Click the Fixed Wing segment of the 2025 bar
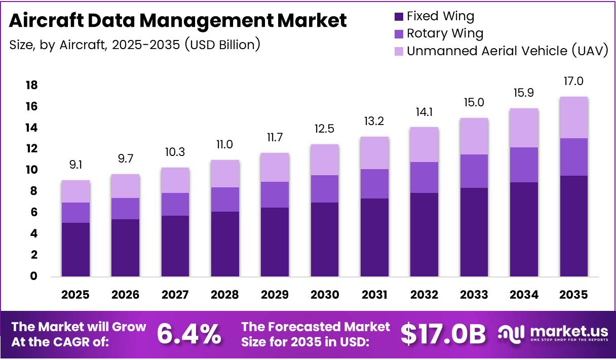pyautogui.click(x=76, y=250)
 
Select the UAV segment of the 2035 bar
pyautogui.click(x=574, y=117)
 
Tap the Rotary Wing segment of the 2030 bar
pyautogui.click(x=325, y=189)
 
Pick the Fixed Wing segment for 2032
pyautogui.click(x=425, y=234)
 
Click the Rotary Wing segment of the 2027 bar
pyautogui.click(x=175, y=204)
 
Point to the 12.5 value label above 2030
pyautogui.click(x=325, y=129)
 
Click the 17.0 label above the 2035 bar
pyautogui.click(x=574, y=82)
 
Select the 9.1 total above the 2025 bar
pyautogui.click(x=76, y=165)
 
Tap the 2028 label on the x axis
pyautogui.click(x=225, y=295)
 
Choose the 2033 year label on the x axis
pyautogui.click(x=474, y=295)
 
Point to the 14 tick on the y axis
pyautogui.click(x=31, y=128)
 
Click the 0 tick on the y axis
pyautogui.click(x=34, y=276)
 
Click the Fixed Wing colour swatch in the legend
pyautogui.click(x=399, y=17)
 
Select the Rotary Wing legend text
pyautogui.click(x=445, y=34)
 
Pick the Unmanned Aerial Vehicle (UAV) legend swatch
pyautogui.click(x=399, y=51)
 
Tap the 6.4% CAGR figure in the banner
pyautogui.click(x=188, y=334)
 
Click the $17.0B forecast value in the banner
pyautogui.click(x=443, y=334)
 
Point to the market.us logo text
pyautogui.click(x=568, y=332)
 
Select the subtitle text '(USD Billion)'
pyautogui.click(x=222, y=45)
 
